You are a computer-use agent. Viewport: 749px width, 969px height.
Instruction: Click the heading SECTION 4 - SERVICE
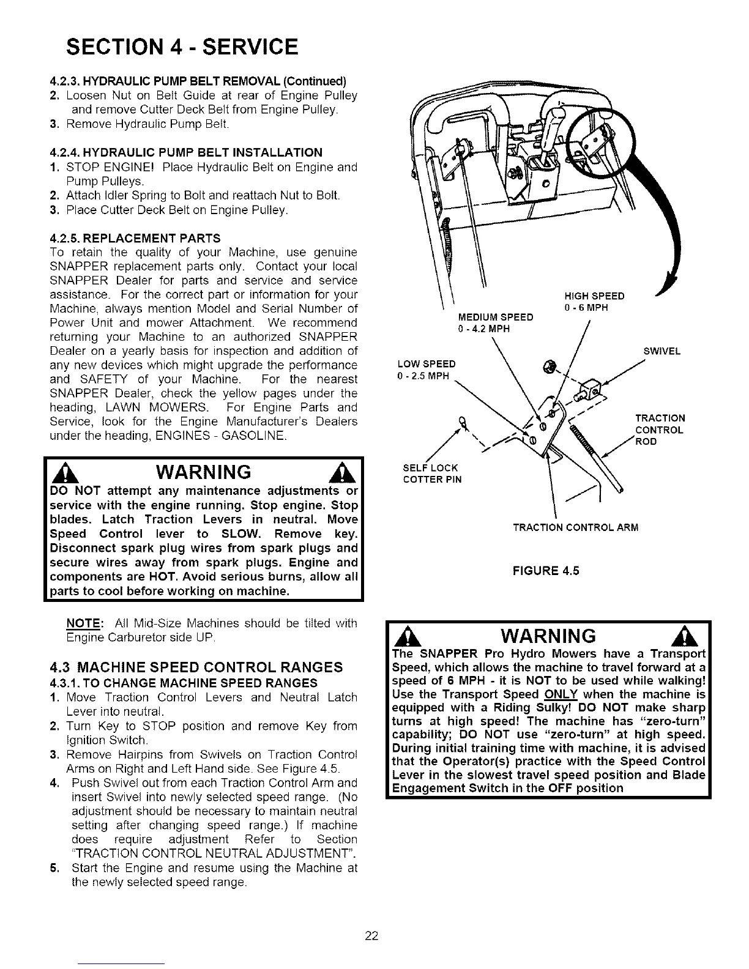coord(182,46)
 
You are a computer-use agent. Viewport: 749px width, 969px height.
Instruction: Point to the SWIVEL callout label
coord(662,352)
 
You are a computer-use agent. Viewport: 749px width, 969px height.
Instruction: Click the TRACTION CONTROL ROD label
coord(659,429)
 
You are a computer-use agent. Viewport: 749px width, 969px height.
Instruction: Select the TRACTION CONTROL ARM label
coord(575,527)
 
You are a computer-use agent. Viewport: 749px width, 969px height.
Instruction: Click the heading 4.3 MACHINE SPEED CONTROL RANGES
coord(195,666)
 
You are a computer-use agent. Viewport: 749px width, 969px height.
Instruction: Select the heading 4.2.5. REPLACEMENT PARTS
coord(135,237)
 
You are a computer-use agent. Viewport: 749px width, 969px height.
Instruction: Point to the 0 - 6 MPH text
coord(586,307)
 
